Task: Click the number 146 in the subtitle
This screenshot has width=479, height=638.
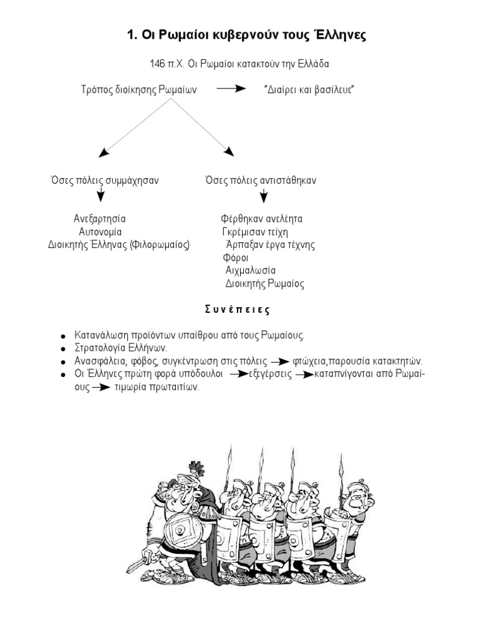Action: tap(157, 64)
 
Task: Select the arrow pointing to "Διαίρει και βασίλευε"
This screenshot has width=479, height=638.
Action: tap(231, 89)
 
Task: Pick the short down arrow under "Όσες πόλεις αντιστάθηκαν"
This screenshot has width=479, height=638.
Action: tap(264, 196)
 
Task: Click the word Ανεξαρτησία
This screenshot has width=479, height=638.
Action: tap(100, 219)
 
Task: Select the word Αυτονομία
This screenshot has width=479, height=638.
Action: tap(100, 232)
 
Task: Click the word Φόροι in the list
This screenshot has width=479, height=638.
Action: tap(236, 258)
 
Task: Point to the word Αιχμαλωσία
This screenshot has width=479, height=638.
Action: tap(250, 271)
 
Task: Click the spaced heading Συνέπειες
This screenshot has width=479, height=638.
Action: tap(238, 309)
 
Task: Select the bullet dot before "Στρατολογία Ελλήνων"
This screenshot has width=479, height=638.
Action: tap(64, 349)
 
